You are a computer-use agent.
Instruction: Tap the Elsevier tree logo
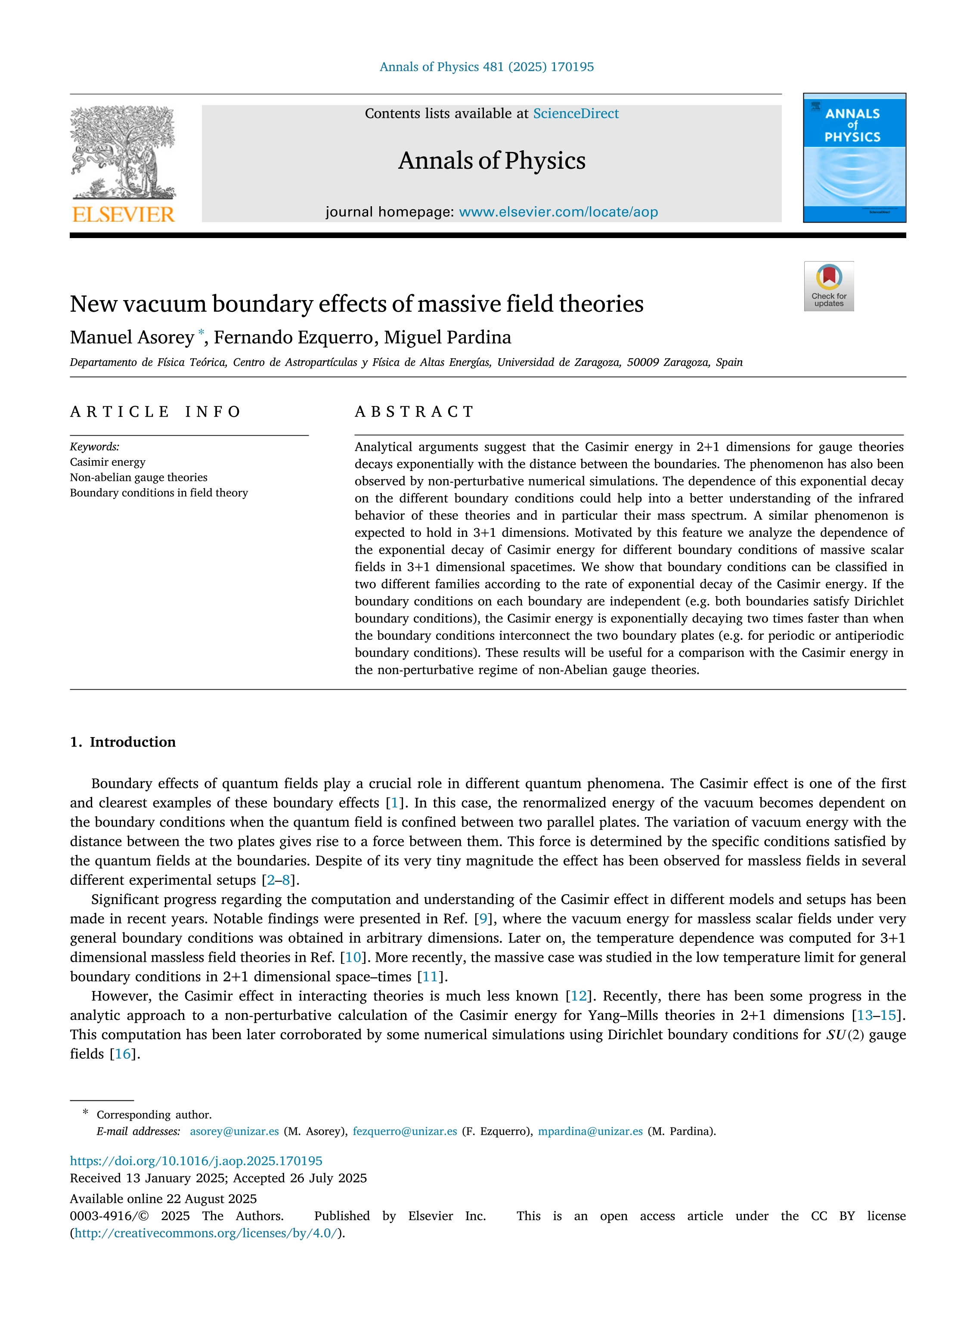click(x=123, y=152)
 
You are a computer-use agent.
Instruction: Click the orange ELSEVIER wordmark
click(x=123, y=214)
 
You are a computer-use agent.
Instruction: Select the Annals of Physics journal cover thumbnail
click(x=854, y=158)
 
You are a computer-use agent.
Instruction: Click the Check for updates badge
click(x=828, y=286)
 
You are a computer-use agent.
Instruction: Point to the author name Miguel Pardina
click(x=447, y=337)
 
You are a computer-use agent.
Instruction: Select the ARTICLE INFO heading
click(x=155, y=412)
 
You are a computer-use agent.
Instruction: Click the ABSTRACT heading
click(x=414, y=412)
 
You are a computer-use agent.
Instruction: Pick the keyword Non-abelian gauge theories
click(x=138, y=477)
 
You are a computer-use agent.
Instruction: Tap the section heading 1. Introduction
click(x=123, y=742)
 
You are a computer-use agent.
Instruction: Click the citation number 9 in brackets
click(x=483, y=919)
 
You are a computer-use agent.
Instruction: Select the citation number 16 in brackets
click(x=123, y=1054)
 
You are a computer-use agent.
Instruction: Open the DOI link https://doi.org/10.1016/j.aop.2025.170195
click(x=196, y=1161)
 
